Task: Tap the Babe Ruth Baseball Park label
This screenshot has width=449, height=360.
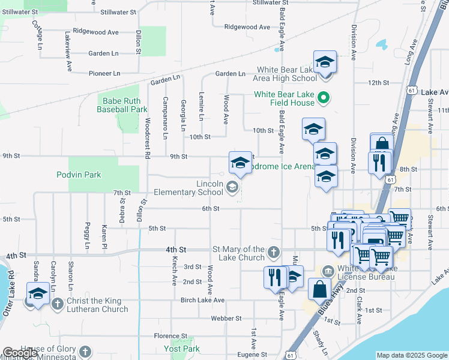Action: [125, 106]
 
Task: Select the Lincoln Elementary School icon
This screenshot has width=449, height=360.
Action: [232, 188]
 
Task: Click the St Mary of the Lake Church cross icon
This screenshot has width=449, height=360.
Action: [274, 253]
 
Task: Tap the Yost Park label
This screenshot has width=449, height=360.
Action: [182, 349]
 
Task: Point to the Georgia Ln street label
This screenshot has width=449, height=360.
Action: [182, 115]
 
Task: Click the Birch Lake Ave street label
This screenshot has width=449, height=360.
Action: [202, 300]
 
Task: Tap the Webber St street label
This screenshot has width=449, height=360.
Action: [226, 318]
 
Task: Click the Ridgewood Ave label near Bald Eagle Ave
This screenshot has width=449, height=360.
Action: [247, 27]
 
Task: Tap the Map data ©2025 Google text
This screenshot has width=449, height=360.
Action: [411, 355]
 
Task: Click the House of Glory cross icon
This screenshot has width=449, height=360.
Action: [85, 352]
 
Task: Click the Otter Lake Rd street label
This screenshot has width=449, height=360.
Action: [11, 295]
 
